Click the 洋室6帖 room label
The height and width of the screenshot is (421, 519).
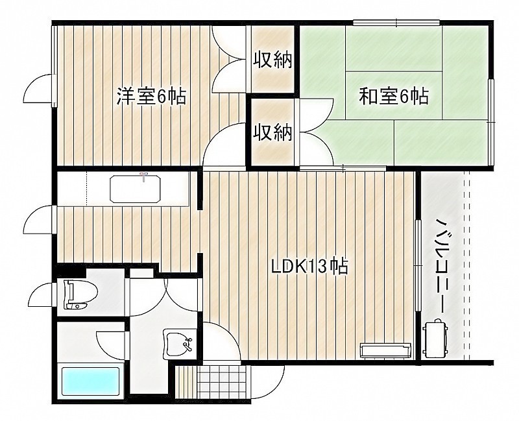tap(151, 96)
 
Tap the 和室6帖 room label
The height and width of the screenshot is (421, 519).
tap(394, 96)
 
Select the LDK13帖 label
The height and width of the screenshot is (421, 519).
tap(309, 266)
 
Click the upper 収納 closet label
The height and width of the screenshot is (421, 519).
tap(272, 60)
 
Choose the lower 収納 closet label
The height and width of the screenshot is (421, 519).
tap(272, 132)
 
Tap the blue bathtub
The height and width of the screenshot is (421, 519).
tap(90, 382)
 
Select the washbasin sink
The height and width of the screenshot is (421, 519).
tap(178, 344)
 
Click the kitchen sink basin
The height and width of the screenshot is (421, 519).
tap(136, 189)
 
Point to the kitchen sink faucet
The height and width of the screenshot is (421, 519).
tap(143, 176)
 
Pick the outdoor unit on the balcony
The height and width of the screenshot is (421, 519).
tap(435, 339)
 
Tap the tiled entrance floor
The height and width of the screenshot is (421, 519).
tap(222, 383)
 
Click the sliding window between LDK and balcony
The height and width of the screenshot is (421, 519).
tap(418, 265)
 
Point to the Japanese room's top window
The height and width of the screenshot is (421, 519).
tap(396, 23)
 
